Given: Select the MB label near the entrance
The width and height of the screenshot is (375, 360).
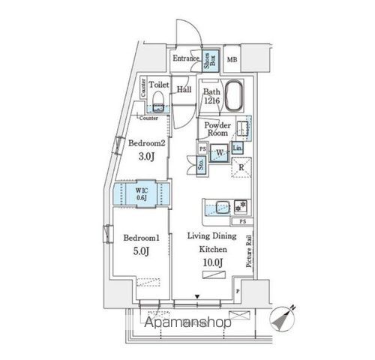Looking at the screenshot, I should click(232, 59).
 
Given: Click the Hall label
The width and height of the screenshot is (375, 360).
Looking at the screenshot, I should click(184, 89).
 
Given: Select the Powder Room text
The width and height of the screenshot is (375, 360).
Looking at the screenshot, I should click(216, 129).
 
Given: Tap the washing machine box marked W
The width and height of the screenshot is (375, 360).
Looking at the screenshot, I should click(220, 153).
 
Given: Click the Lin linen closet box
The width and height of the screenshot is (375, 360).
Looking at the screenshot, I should click(237, 148).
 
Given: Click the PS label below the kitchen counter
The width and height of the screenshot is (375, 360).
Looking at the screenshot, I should click(241, 223).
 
